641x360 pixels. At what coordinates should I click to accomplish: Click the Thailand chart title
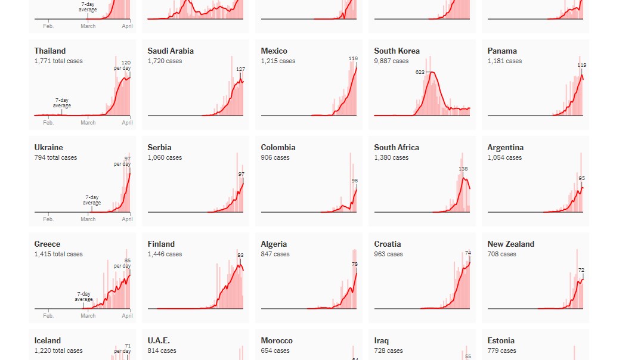[50, 51]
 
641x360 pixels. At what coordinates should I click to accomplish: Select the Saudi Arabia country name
[171, 51]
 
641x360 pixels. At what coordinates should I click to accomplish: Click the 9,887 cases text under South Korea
[391, 61]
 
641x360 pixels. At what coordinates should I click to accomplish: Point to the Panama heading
[502, 51]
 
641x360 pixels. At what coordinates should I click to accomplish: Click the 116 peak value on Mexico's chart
[353, 58]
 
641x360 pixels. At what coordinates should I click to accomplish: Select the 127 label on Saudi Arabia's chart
[240, 69]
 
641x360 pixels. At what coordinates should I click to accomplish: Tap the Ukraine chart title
[48, 148]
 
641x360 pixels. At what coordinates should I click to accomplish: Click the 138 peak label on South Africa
[463, 169]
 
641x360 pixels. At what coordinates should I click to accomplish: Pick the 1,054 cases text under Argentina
[504, 158]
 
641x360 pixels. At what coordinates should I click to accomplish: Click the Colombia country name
[278, 148]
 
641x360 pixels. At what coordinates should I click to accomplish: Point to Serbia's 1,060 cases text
[165, 158]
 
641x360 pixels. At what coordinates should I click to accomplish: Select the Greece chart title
[47, 244]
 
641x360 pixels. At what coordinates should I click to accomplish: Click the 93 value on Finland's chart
[240, 255]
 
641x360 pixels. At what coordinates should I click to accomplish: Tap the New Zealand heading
[510, 244]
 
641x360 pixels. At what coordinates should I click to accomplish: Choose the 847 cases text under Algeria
[275, 255]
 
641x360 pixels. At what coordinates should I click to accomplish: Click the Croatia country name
[388, 244]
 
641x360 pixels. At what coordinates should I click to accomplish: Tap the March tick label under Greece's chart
[88, 316]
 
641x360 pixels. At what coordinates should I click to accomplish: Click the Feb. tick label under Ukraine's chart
[48, 219]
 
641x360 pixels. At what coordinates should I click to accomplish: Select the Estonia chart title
[501, 341]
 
